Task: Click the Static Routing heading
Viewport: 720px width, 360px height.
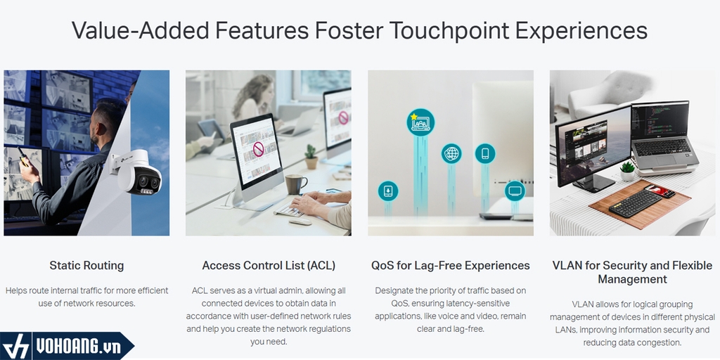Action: point(86,265)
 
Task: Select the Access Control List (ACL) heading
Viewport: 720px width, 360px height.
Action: point(269,265)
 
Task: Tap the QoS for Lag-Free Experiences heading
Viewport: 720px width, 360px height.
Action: point(451,265)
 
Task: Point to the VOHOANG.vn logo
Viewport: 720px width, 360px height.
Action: point(67,346)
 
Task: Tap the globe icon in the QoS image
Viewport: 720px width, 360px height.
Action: point(451,153)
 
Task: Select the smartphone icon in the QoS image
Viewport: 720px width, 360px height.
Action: point(485,153)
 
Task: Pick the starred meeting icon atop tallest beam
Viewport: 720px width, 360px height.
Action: point(420,122)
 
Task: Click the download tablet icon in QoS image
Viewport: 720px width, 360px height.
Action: point(388,191)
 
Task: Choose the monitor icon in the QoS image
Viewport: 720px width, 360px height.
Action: point(515,191)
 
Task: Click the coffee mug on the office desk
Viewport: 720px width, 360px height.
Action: point(295,184)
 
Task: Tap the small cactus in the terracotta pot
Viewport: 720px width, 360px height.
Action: point(311,157)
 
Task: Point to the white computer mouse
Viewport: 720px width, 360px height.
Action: point(300,221)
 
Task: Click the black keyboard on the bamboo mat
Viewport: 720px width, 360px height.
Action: point(636,203)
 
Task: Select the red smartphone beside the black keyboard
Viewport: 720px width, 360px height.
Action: point(660,191)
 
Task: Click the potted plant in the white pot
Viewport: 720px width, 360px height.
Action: point(627,171)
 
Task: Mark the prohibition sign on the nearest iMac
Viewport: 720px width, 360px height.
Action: point(259,149)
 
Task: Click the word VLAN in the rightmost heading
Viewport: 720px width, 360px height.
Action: point(566,265)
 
